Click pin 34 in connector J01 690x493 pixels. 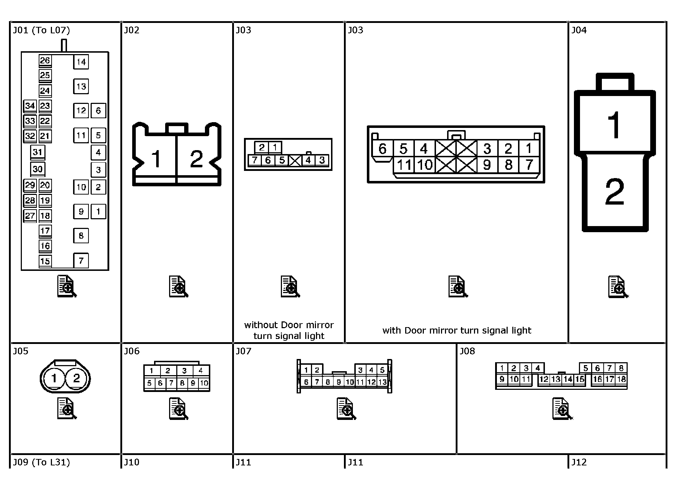30,106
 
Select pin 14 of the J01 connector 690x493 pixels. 81,62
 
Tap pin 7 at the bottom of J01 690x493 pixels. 81,260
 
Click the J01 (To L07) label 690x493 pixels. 42,30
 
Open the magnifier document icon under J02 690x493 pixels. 179,287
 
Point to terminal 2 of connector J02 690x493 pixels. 196,159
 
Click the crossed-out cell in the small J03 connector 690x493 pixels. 295,160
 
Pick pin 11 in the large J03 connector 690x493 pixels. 404,165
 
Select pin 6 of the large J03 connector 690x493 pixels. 383,148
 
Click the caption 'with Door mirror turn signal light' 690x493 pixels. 457,330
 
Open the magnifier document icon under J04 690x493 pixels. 618,287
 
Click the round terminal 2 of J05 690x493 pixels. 76,378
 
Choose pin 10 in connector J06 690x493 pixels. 204,383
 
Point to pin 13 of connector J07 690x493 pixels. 382,382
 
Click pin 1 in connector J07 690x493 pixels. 306,370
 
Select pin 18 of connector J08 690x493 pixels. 621,379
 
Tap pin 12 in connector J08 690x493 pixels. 544,379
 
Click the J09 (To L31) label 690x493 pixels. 42,462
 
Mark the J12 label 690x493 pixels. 579,462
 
